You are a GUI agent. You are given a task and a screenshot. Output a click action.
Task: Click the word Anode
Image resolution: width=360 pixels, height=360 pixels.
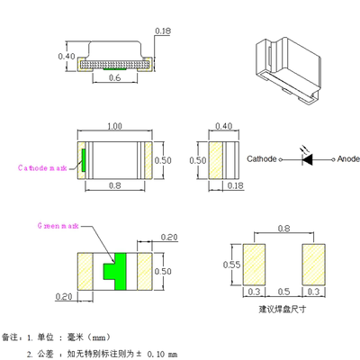[x=348, y=159]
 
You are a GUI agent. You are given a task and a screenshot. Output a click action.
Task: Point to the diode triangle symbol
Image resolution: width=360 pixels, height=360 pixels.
[x=309, y=159]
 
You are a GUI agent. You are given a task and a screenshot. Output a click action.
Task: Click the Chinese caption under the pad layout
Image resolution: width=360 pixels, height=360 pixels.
[x=283, y=309]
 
